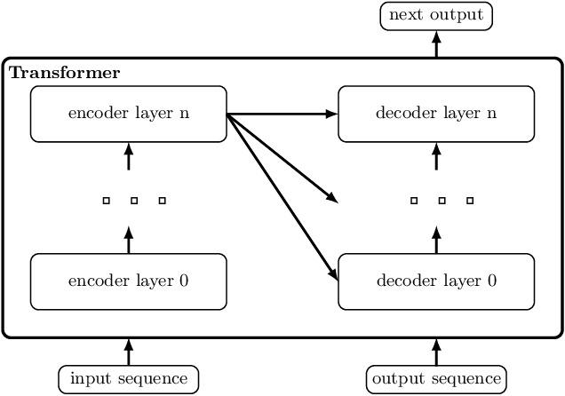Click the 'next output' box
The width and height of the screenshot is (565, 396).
click(436, 16)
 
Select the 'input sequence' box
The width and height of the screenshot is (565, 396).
click(129, 379)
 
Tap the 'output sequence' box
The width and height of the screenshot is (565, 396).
click(436, 379)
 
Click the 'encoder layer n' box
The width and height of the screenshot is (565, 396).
click(129, 114)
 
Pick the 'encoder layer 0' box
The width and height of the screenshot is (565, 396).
click(129, 281)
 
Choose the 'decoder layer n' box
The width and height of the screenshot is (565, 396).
click(436, 114)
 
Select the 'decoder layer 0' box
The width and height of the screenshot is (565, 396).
click(436, 281)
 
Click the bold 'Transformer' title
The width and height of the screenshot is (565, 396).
click(64, 73)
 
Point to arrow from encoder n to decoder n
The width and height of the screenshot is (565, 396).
click(282, 114)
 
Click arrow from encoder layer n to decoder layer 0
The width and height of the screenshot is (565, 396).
click(282, 196)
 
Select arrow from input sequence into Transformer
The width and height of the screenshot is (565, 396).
click(129, 352)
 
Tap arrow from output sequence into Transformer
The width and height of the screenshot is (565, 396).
click(436, 352)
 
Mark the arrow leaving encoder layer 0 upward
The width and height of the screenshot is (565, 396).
click(129, 240)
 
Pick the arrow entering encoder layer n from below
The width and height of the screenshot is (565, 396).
click(129, 156)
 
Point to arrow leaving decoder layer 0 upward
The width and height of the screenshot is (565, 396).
click(436, 240)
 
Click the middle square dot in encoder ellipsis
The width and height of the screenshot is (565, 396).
click(134, 202)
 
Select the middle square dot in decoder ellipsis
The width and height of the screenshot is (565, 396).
click(442, 202)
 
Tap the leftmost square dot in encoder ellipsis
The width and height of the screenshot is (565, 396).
click(106, 202)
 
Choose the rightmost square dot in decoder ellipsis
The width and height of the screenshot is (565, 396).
click(470, 202)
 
